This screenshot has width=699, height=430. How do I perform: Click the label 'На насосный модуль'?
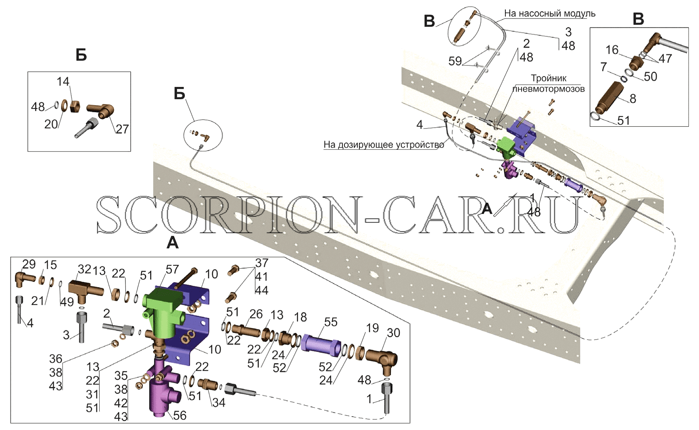tap(550, 14)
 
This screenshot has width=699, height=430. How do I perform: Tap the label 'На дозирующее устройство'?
tap(384, 145)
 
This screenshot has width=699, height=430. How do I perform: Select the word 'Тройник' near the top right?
tap(549, 78)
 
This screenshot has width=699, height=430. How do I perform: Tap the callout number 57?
tap(172, 269)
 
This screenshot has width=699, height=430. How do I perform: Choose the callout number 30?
tap(393, 333)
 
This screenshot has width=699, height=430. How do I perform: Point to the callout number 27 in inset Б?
tap(122, 129)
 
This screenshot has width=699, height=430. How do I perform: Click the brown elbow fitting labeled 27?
tap(101, 110)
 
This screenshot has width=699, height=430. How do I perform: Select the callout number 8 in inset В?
tap(633, 99)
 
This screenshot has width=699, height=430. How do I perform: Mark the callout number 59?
tap(455, 61)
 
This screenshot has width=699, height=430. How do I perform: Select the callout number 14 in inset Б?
tap(63, 82)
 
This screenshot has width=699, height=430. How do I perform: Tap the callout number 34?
tap(219, 403)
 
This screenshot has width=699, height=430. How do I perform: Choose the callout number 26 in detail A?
tap(256, 314)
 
